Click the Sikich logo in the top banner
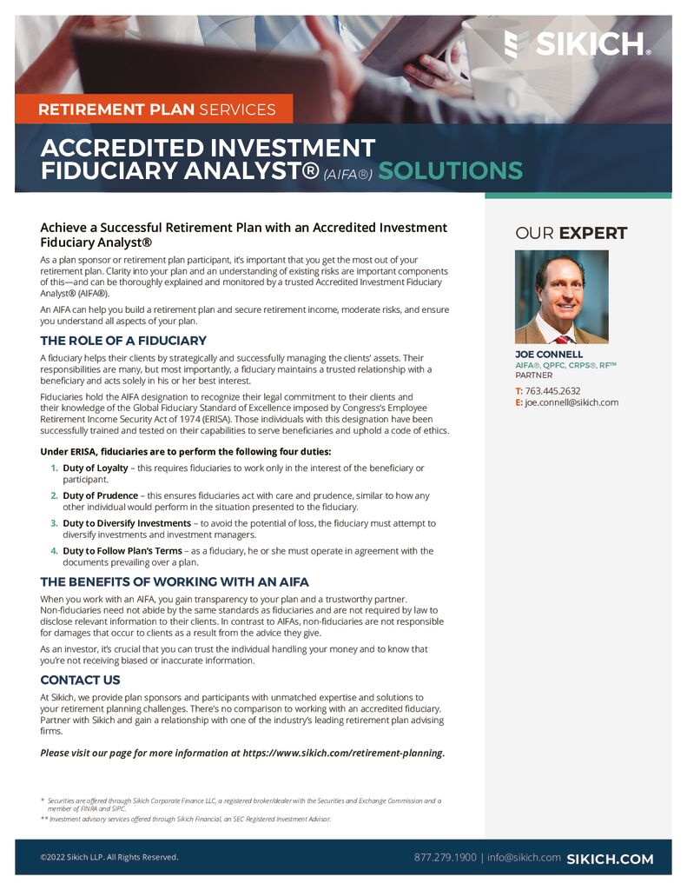click(x=578, y=43)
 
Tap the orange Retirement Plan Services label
click(x=156, y=110)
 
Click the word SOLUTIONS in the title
click(x=450, y=170)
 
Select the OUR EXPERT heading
click(x=571, y=233)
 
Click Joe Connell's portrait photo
click(x=561, y=296)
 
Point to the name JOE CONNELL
click(x=549, y=355)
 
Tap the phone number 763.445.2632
click(x=552, y=391)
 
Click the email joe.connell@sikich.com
click(x=571, y=402)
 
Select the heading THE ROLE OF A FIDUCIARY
click(x=123, y=341)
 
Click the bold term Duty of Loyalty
click(x=96, y=468)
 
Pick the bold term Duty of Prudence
click(x=101, y=495)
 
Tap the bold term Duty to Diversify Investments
click(x=127, y=523)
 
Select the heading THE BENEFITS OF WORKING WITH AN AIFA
click(x=175, y=581)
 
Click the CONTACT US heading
click(x=81, y=680)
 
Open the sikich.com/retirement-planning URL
click(x=342, y=753)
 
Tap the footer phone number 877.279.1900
click(x=445, y=858)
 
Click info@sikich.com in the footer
click(x=524, y=858)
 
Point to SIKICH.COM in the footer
click(x=610, y=859)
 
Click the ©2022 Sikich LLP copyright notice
click(x=109, y=858)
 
